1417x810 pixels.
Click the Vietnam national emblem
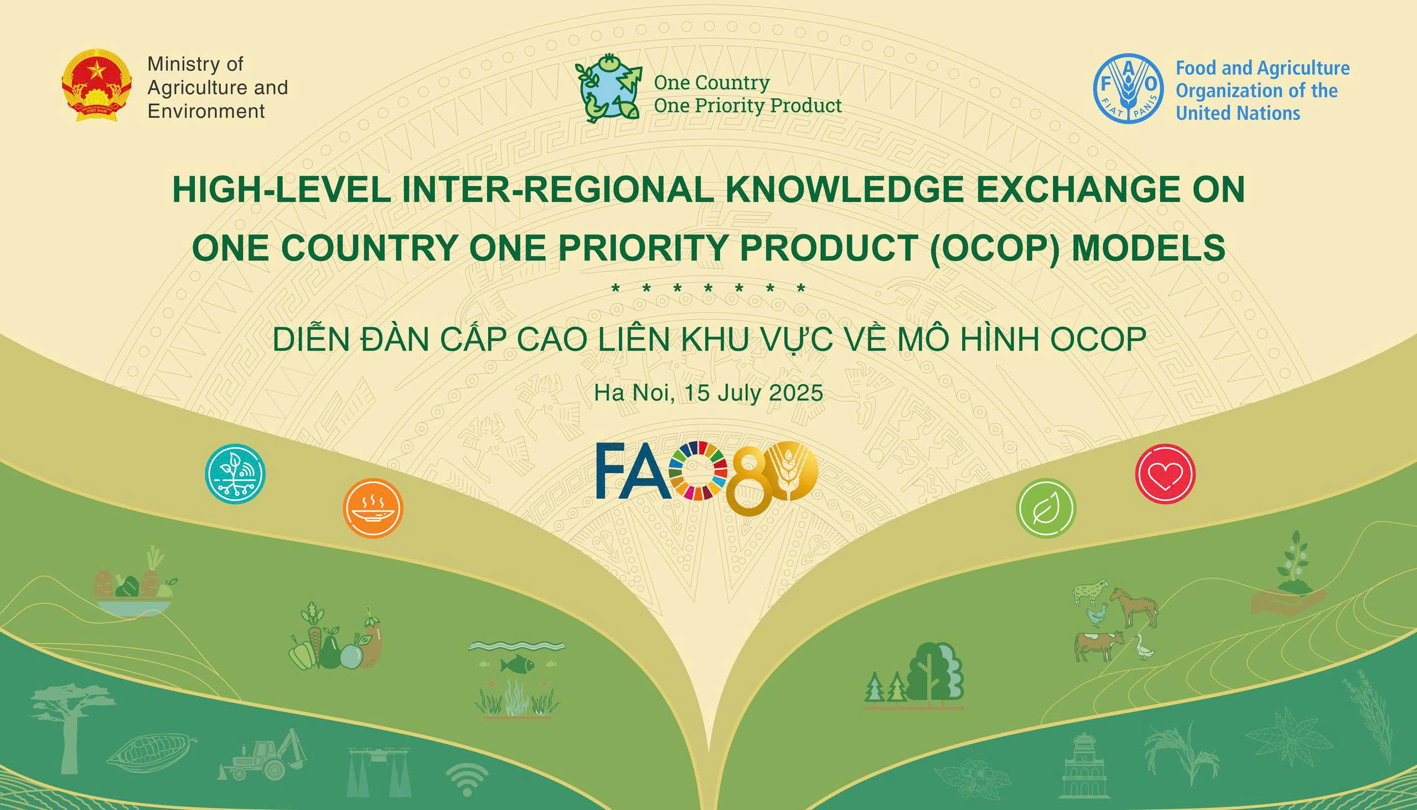click(97, 85)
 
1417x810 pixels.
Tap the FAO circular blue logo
click(1128, 89)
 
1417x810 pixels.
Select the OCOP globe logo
click(608, 88)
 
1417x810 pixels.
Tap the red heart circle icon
click(1165, 474)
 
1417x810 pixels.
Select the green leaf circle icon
click(1046, 508)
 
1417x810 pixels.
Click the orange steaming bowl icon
click(373, 508)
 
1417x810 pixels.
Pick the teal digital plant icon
click(235, 474)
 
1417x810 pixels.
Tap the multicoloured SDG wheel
click(699, 471)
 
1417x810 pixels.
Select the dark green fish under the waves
click(517, 664)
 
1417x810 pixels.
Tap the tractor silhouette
click(262, 755)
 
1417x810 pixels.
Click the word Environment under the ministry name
click(206, 111)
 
